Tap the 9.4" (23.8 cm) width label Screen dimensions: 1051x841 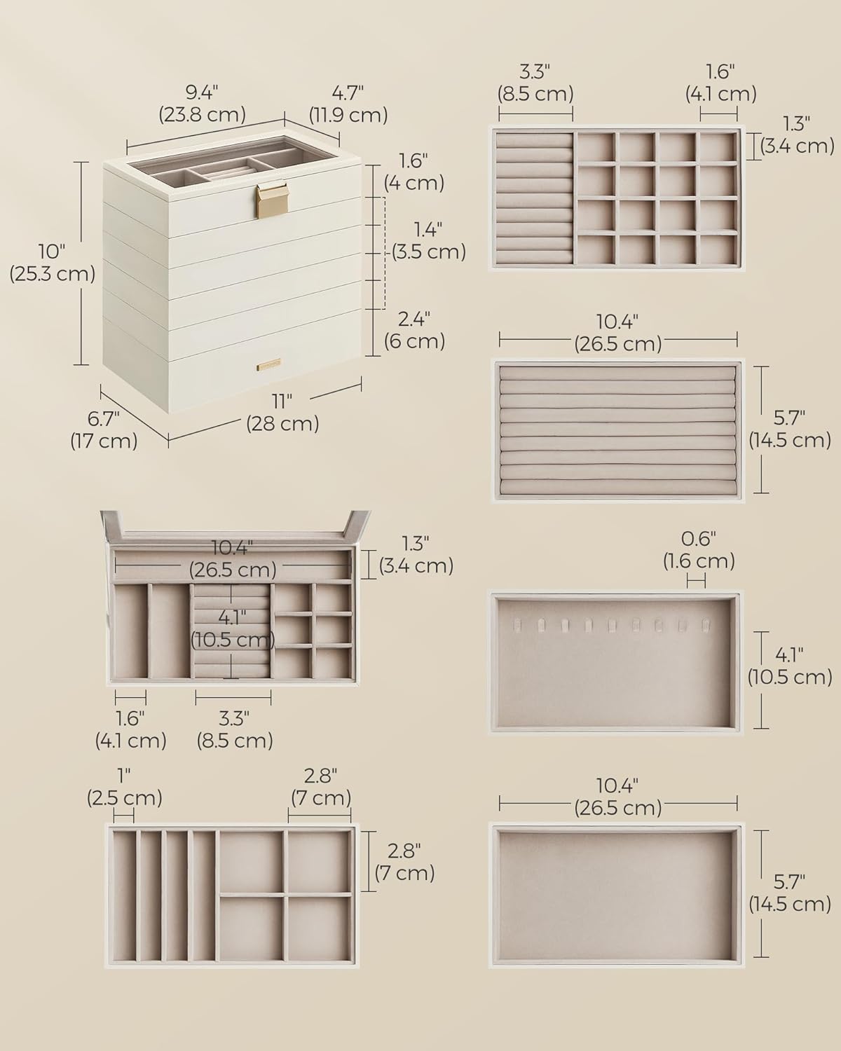[202, 103]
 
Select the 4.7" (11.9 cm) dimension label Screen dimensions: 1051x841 [348, 103]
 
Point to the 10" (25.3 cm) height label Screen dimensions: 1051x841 [52, 263]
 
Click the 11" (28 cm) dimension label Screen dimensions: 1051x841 [282, 413]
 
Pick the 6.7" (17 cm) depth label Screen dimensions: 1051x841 [104, 430]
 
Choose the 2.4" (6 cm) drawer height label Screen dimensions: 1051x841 [414, 330]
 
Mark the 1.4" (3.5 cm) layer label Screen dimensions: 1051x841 [427, 240]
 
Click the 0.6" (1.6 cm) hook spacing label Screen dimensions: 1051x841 [699, 549]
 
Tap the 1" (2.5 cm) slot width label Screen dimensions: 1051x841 [124, 786]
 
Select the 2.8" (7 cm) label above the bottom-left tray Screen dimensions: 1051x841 [320, 786]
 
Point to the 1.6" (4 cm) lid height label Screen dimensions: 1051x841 [413, 172]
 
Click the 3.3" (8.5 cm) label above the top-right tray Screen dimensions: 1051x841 [535, 83]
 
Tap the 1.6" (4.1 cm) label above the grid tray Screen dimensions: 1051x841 [719, 83]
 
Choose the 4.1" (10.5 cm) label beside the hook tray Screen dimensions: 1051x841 [789, 666]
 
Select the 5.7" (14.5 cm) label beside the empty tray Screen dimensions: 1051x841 [789, 893]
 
